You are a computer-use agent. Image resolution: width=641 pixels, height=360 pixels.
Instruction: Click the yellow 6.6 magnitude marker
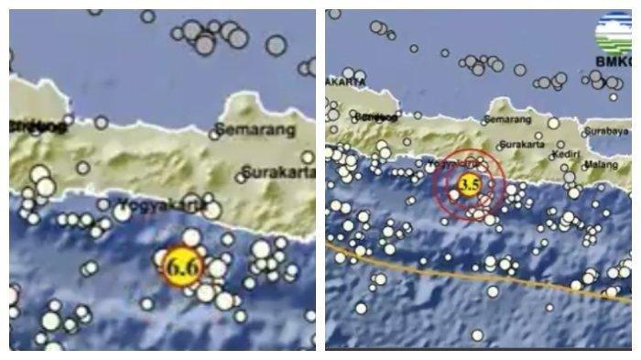(x=181, y=266)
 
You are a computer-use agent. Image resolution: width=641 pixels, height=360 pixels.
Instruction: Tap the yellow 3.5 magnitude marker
(x=469, y=186)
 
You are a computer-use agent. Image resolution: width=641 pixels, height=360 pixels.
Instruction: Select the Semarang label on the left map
(x=255, y=130)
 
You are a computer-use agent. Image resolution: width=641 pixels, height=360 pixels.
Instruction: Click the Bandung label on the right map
(x=367, y=116)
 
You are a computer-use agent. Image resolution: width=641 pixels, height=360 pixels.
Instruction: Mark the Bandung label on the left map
(x=37, y=127)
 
